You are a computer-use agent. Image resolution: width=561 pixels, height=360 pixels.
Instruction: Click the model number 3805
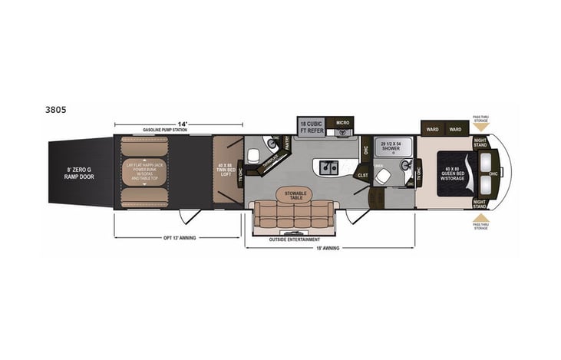(x=56, y=110)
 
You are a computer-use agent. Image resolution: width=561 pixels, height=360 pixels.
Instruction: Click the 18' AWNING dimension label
(x=329, y=248)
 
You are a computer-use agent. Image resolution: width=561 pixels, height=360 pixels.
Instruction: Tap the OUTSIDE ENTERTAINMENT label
(x=295, y=239)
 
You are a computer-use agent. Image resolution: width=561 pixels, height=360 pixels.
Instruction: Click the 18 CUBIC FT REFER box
(x=311, y=127)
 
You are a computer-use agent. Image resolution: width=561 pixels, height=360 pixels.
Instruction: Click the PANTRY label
(x=286, y=143)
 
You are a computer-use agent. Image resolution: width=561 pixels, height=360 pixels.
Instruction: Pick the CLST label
(x=362, y=175)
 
